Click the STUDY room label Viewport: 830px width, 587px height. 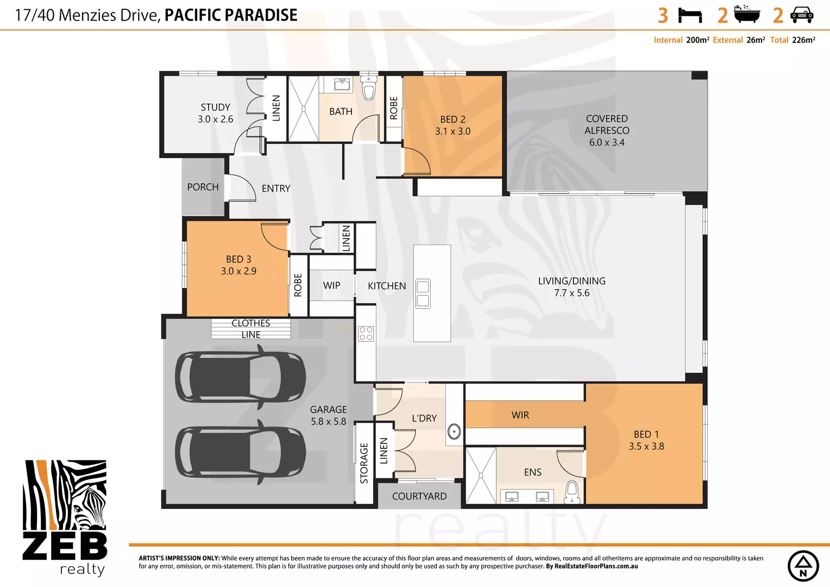216,108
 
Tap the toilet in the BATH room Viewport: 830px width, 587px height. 369,89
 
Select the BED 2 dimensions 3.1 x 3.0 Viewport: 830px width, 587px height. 452,132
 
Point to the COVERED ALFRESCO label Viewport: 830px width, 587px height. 607,124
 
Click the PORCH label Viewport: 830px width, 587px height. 203,187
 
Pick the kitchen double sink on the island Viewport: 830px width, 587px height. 423,293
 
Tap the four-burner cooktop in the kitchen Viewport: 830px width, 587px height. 366,333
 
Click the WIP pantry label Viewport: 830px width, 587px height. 331,286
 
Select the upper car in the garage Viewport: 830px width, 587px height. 240,377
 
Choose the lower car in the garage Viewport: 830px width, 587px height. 240,452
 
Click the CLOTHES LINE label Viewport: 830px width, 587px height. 251,329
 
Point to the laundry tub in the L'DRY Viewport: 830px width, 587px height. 454,432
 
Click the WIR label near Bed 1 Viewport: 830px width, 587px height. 520,415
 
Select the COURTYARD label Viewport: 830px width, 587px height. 419,496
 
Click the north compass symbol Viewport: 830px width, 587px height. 803,566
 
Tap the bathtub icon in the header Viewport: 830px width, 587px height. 746,14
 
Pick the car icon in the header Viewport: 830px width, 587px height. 801,15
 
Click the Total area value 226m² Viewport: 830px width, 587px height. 803,40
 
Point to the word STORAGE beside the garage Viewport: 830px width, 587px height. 364,463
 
